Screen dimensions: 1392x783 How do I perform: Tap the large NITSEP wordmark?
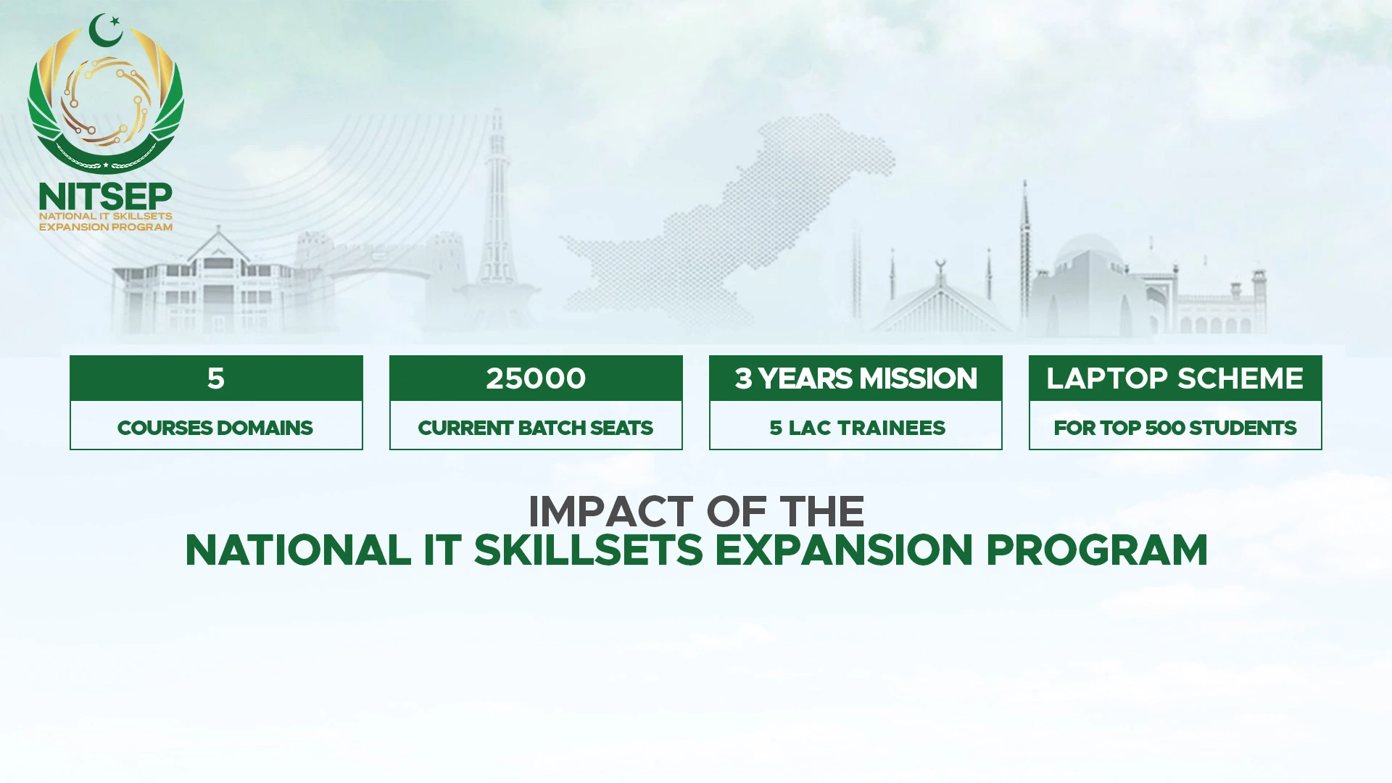(x=106, y=196)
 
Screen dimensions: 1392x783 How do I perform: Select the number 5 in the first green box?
(x=216, y=378)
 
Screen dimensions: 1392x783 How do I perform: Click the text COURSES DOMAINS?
(x=215, y=428)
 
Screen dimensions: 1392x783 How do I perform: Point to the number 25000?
(x=536, y=378)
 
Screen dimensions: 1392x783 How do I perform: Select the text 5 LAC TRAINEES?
(x=857, y=428)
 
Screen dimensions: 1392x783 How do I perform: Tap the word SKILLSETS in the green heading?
(x=589, y=550)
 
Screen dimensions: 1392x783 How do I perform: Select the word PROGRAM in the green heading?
(x=1097, y=550)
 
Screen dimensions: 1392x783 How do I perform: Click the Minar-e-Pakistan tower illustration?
(x=497, y=210)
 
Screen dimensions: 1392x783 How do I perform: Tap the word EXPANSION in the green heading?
(x=844, y=550)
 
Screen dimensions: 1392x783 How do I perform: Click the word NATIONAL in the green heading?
(x=298, y=550)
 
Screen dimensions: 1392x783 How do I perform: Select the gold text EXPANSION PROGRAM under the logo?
(x=106, y=227)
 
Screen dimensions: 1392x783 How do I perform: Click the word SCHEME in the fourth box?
(x=1240, y=378)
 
